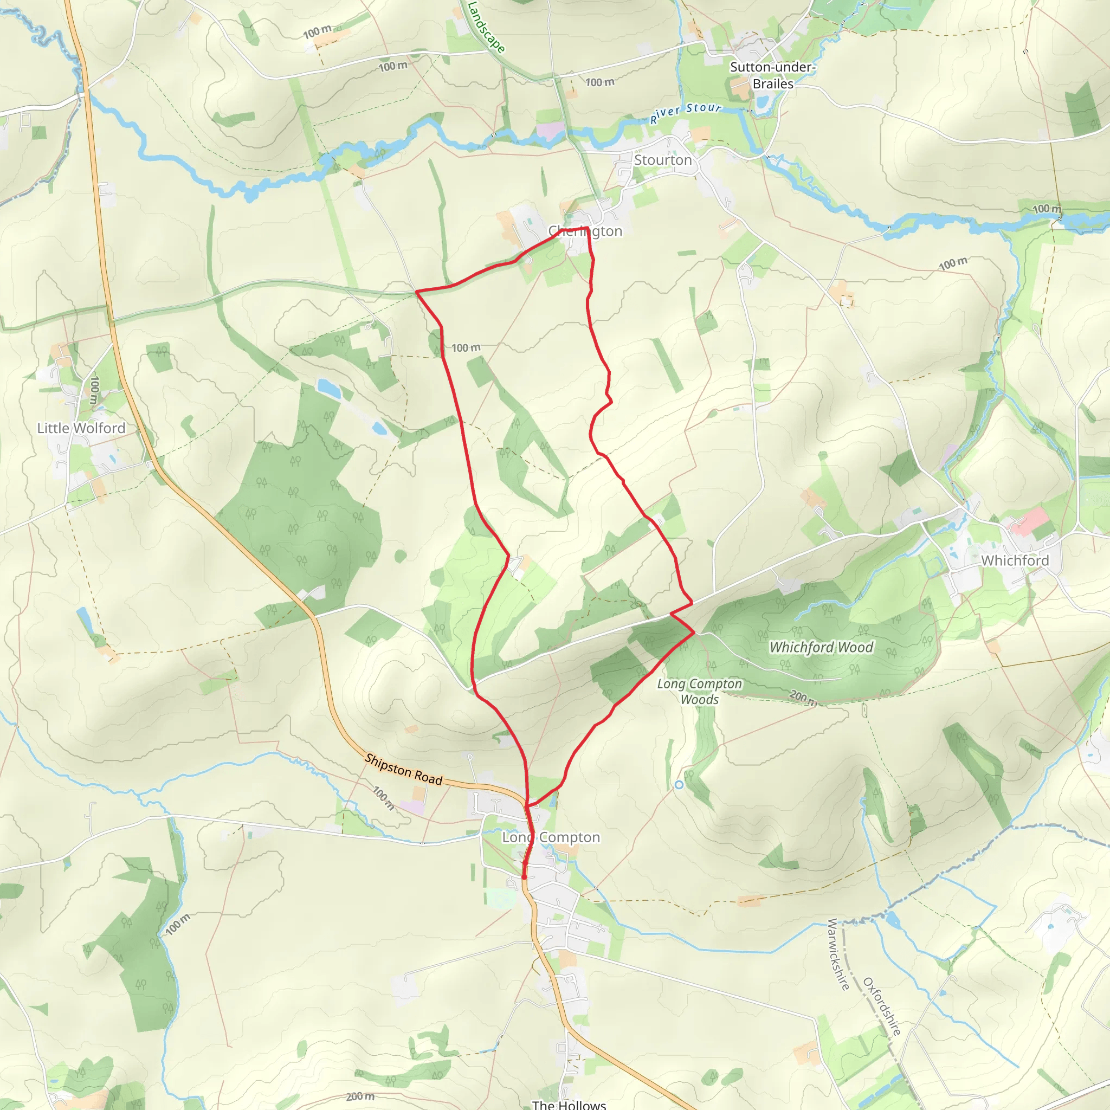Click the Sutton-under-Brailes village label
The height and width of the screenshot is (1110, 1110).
773,75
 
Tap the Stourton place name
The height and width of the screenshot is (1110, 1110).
663,160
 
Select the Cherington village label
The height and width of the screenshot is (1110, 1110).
585,231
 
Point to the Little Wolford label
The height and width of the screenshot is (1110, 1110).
81,428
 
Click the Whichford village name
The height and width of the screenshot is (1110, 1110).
1015,560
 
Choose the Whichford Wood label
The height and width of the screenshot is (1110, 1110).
821,648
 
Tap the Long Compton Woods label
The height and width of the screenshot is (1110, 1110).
700,692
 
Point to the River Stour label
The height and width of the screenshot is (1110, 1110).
686,113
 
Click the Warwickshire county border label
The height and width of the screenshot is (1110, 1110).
838,954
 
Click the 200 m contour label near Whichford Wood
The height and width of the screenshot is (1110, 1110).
803,698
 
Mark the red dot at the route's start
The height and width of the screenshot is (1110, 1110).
524,877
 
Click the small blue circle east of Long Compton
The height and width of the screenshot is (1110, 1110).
679,785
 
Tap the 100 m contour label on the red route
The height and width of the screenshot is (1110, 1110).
466,347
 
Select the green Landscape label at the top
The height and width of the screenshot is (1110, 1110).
486,28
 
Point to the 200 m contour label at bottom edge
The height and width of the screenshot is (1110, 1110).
360,1096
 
